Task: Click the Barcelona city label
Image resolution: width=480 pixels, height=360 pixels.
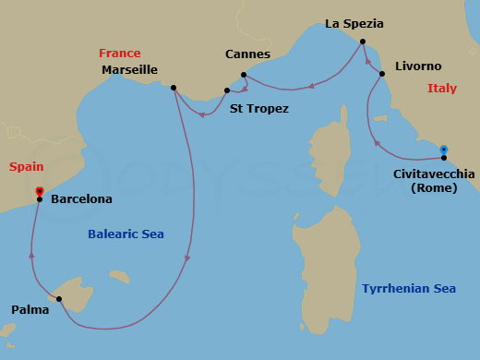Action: point(81,198)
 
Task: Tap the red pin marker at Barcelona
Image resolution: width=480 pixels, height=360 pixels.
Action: point(39,192)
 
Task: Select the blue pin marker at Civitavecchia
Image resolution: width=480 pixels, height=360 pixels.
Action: point(444,150)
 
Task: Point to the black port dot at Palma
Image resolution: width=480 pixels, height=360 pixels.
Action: point(58,299)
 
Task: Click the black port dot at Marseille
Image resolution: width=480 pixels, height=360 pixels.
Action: point(174,88)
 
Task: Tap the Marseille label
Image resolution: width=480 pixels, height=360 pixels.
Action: point(130,70)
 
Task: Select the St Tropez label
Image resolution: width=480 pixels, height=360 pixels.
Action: point(258,109)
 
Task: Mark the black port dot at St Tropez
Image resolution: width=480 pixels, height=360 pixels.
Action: point(227,90)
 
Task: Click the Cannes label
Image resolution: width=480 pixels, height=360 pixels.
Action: point(248,54)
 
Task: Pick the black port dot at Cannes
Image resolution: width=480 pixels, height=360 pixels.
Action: point(243,75)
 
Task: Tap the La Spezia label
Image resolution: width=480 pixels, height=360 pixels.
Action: point(354,23)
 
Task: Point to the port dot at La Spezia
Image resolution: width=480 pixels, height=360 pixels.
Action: point(362,42)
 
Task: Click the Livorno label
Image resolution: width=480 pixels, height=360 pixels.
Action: point(417,66)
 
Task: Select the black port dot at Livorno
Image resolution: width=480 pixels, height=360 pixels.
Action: point(382,73)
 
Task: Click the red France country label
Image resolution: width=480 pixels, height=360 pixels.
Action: point(120,54)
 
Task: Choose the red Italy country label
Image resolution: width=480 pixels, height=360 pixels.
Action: point(442,89)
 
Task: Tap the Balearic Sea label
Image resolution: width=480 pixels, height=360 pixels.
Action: point(126,234)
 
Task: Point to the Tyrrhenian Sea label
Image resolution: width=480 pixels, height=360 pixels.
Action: point(409,289)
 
